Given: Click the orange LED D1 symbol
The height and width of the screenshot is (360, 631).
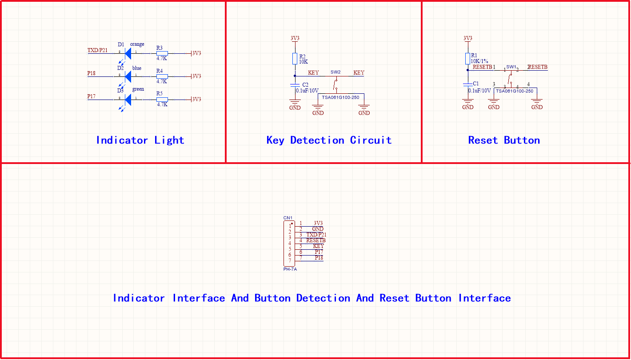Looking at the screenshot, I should click(128, 53).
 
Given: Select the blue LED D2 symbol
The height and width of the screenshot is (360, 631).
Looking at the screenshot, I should click(128, 76).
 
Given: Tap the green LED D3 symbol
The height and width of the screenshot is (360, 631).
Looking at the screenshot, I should click(128, 99).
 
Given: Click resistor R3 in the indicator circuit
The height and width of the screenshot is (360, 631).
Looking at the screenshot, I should click(162, 53).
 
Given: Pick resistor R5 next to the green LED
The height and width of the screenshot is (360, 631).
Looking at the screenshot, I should click(162, 99).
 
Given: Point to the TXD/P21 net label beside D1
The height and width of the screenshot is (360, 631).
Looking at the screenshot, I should click(97, 50).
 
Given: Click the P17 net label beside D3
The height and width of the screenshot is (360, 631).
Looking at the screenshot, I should click(91, 96).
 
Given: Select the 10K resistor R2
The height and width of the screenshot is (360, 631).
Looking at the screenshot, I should click(295, 59).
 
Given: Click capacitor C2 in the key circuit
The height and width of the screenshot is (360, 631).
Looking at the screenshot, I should click(295, 84).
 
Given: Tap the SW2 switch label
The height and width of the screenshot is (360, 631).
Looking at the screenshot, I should click(335, 72).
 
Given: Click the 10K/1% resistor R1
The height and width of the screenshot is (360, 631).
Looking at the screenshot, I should click(467, 58).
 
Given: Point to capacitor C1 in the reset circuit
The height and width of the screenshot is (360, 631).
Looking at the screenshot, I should click(467, 84).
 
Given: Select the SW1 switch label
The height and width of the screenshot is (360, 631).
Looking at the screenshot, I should click(511, 67).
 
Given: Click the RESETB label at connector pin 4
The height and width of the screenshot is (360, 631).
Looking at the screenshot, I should click(316, 240).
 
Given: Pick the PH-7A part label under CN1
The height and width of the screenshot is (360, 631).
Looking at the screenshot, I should click(290, 269).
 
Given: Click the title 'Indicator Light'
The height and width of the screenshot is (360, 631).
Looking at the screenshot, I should click(140, 140).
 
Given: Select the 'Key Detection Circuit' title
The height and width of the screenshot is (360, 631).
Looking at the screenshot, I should click(329, 140).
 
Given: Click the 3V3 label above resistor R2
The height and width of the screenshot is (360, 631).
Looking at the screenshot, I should click(295, 38).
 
